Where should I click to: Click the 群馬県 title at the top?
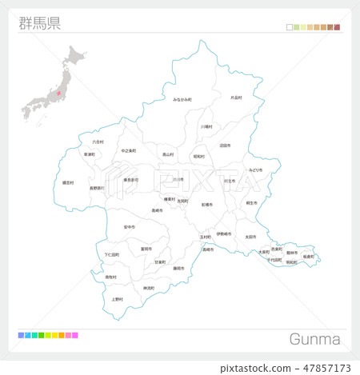[39, 22]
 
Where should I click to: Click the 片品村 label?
[236, 98]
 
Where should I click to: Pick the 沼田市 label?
[225, 146]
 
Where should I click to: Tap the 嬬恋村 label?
[68, 182]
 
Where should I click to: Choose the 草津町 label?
[90, 154]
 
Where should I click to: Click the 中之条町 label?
[128, 150]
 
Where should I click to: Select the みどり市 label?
[255, 170]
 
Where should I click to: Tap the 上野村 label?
[118, 299]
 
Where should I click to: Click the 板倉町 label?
[308, 256]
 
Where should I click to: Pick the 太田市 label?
[250, 237]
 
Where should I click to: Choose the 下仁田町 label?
[111, 255]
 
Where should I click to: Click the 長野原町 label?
[96, 189]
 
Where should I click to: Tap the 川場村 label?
[206, 126]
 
